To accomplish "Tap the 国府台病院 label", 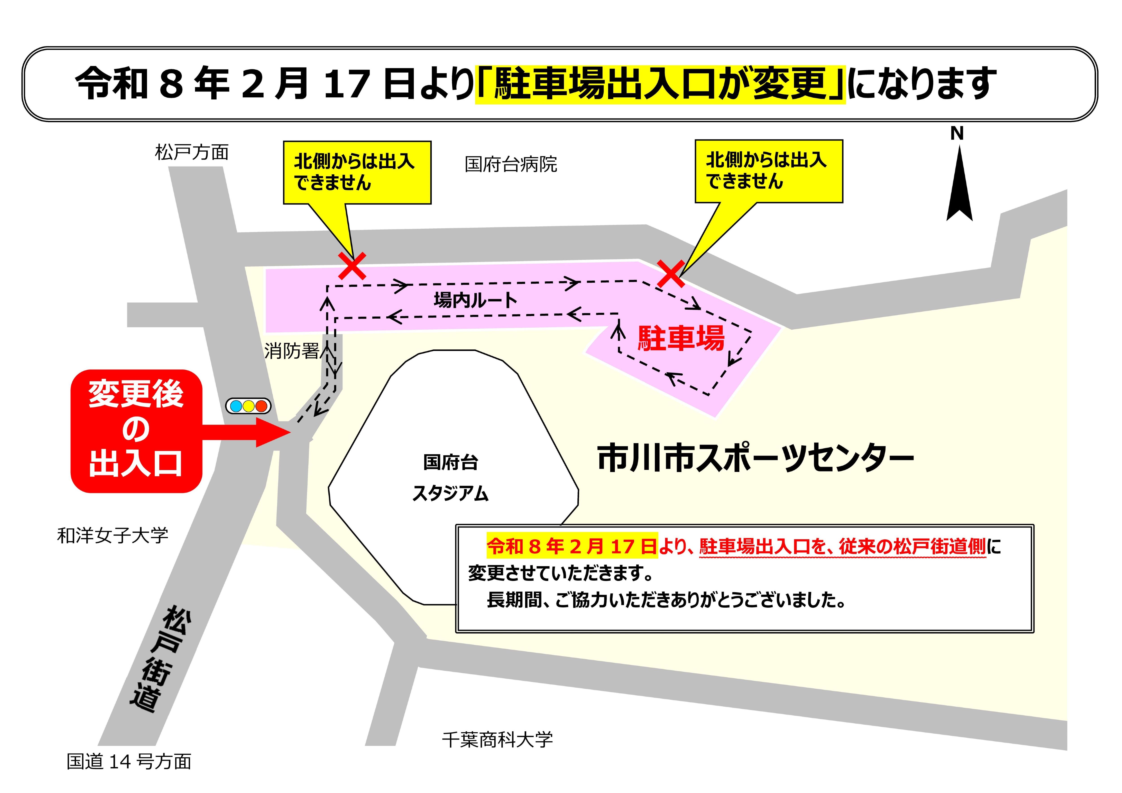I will (511, 164).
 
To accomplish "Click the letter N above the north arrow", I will (956, 133).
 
